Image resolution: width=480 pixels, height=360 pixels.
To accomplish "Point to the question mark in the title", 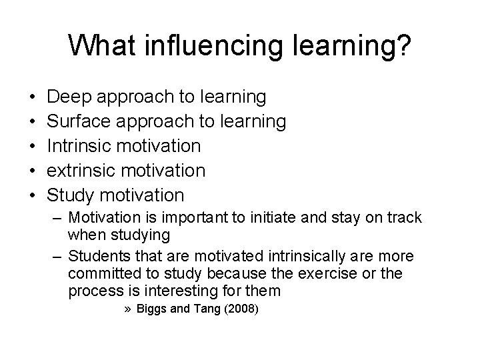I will [x=403, y=46].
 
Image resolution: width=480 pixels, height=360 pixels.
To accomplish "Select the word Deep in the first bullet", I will [x=69, y=97].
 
